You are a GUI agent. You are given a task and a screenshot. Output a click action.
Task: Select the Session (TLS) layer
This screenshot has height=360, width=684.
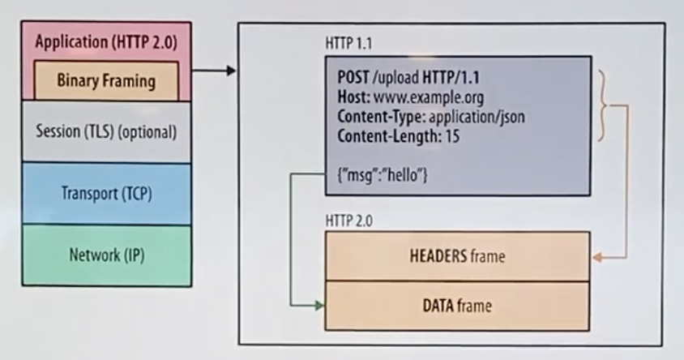coord(106,131)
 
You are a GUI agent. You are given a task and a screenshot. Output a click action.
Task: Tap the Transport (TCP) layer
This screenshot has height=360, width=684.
coord(106,194)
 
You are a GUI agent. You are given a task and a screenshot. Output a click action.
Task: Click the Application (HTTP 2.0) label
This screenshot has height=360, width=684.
coord(106,43)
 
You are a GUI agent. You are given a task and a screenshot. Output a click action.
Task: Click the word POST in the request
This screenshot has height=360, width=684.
coord(353,78)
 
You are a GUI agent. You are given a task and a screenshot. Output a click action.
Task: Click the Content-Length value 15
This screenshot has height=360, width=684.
coord(452,136)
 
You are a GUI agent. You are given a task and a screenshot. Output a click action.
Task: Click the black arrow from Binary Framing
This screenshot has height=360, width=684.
coord(215,71)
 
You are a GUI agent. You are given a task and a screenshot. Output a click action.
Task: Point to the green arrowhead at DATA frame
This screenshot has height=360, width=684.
coord(319,306)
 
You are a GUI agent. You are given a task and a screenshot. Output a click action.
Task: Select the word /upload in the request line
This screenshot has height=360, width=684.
coord(391,78)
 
